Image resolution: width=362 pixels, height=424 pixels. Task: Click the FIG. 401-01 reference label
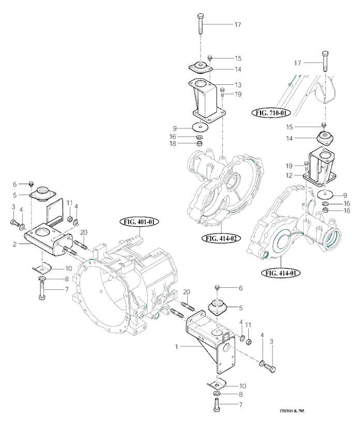click(140, 222)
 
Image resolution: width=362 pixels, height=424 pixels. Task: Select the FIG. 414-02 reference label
click(221, 239)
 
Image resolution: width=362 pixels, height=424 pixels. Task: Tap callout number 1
click(177, 347)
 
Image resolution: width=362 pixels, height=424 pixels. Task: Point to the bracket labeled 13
click(205, 101)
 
